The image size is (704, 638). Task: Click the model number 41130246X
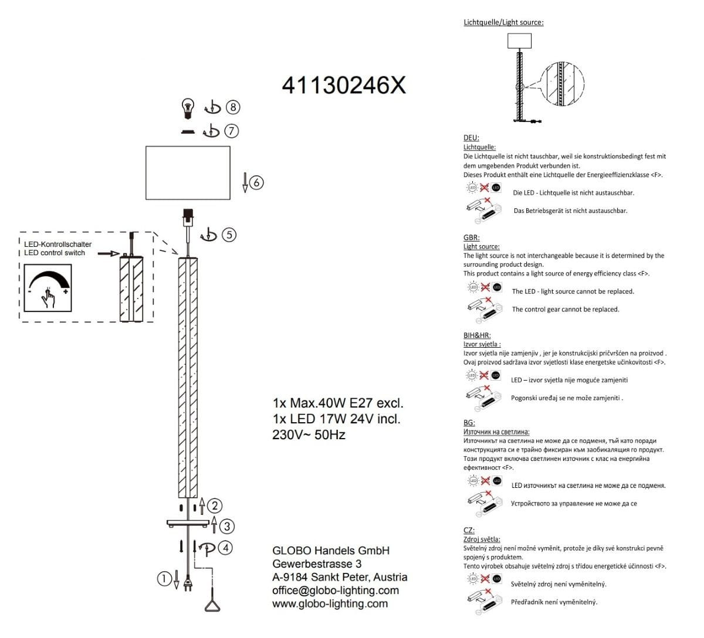(344, 85)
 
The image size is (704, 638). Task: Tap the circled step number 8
(233, 107)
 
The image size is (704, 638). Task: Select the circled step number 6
(256, 182)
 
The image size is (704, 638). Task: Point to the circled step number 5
(229, 235)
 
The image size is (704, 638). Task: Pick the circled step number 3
(227, 526)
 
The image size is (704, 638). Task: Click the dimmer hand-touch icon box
(48, 288)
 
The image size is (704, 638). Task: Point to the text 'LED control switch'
(55, 253)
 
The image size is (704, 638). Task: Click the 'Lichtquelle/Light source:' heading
(503, 22)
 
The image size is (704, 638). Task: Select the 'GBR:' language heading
(471, 237)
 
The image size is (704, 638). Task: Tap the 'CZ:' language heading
(469, 530)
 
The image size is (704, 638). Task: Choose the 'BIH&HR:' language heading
(477, 335)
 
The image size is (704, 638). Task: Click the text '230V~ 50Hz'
(309, 435)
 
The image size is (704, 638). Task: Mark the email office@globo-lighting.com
(336, 591)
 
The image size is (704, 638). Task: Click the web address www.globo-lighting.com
(330, 603)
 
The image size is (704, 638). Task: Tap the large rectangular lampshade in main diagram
(188, 173)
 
